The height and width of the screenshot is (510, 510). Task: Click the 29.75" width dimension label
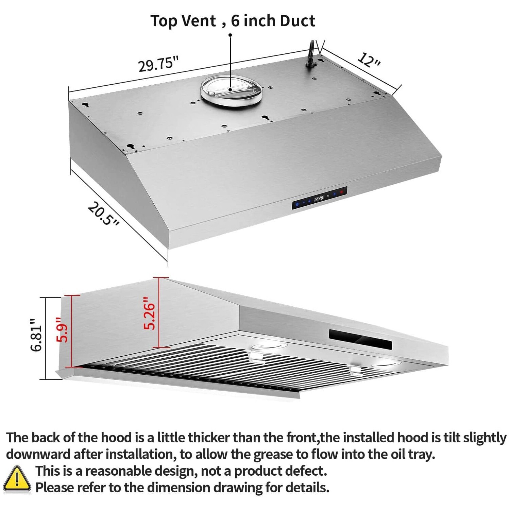click(x=158, y=64)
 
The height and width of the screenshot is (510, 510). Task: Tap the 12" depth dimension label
click(x=369, y=60)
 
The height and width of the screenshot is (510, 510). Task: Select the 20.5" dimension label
click(x=103, y=214)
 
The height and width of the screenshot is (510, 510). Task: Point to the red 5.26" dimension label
click(x=149, y=313)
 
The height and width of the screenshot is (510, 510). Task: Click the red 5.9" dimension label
click(x=63, y=329)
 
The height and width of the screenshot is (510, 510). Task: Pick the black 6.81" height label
click(x=36, y=335)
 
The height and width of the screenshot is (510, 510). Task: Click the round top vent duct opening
click(x=231, y=89)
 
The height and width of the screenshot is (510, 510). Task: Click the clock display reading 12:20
click(x=319, y=198)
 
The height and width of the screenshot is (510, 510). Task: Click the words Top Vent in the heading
click(x=183, y=21)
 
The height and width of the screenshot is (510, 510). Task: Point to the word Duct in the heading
click(x=297, y=21)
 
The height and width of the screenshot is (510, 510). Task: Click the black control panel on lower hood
click(x=360, y=339)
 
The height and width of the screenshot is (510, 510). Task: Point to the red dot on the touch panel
click(x=341, y=192)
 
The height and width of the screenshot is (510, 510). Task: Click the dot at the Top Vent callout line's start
click(x=230, y=35)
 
